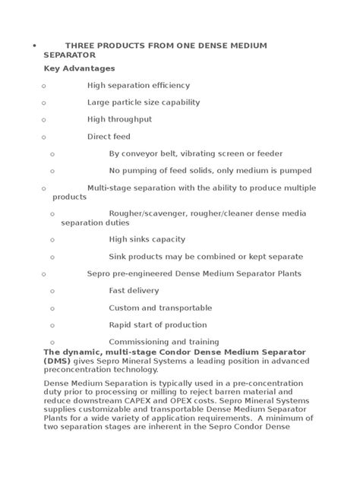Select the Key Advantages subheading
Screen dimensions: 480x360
[79, 68]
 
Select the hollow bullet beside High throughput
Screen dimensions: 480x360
[44, 120]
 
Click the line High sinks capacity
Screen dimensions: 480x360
[147, 239]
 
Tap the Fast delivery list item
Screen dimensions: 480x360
[134, 290]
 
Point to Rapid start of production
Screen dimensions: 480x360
[157, 324]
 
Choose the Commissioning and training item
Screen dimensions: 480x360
[164, 342]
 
